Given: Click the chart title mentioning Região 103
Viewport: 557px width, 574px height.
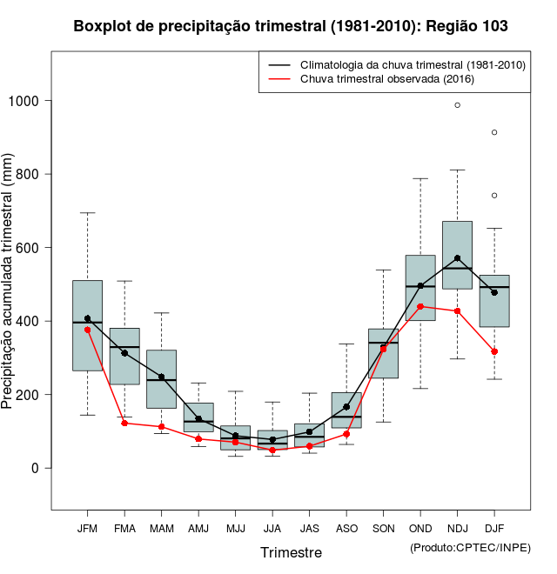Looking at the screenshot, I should click(x=291, y=27).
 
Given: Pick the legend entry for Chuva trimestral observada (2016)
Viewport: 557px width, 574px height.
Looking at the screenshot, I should click(x=386, y=79).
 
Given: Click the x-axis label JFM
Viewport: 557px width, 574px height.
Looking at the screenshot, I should click(x=87, y=529).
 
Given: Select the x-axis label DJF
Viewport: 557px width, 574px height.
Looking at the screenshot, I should click(x=494, y=529).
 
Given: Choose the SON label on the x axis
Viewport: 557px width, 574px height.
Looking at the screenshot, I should click(x=383, y=529).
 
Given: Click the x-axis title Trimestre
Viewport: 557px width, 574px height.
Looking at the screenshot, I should click(x=291, y=552).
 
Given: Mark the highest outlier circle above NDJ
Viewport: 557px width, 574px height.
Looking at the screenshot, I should click(x=458, y=105).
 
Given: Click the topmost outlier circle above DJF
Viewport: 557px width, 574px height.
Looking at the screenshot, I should click(x=494, y=132).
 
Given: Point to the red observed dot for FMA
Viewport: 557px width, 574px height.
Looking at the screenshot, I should click(x=124, y=423).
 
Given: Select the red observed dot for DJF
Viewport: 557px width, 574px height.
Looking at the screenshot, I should click(x=494, y=351).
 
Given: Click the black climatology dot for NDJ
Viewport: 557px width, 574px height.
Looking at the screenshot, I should click(x=458, y=258).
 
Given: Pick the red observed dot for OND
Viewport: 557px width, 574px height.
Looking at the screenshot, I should click(x=420, y=306).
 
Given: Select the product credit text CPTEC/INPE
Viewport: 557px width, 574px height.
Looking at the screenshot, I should click(x=470, y=547).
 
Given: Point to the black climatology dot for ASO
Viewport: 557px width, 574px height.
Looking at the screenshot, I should click(x=346, y=406).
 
